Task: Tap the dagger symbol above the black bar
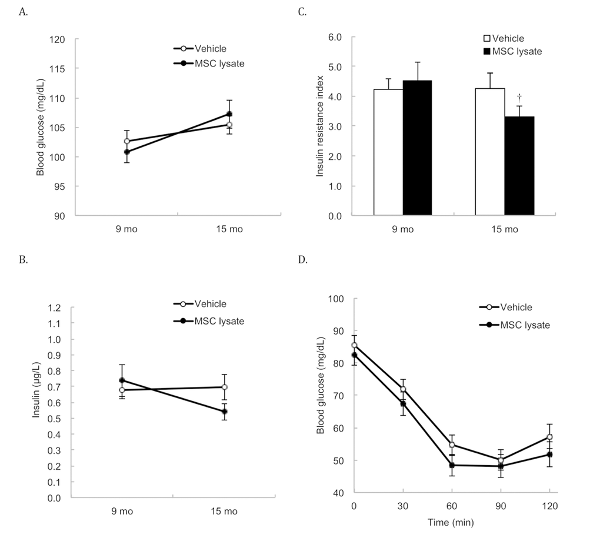click(x=519, y=97)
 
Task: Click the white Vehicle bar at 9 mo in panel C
click(x=388, y=152)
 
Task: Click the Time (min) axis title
click(x=451, y=522)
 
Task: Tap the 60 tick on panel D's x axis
click(x=451, y=506)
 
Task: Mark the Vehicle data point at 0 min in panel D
click(x=354, y=345)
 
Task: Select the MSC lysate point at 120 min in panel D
click(x=549, y=454)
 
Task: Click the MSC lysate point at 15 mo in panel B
click(x=225, y=412)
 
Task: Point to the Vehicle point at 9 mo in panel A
click(x=126, y=141)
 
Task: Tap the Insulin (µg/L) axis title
click(x=36, y=388)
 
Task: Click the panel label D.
click(x=304, y=259)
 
